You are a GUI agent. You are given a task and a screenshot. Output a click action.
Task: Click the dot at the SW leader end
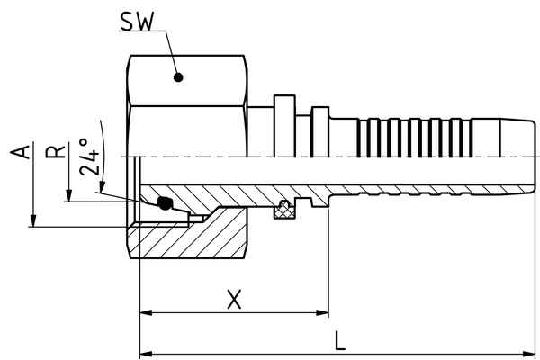click(x=178, y=77)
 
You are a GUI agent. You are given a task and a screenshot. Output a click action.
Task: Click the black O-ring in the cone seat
click(x=165, y=204)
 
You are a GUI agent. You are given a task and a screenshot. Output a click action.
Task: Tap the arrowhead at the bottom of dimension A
click(x=33, y=220)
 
